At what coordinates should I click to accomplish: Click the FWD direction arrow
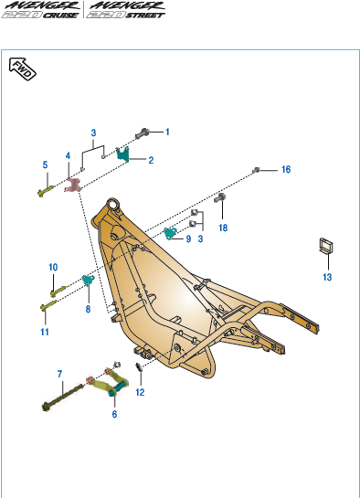[x=22, y=69]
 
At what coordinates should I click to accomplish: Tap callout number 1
[x=167, y=132]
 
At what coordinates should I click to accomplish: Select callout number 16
[x=286, y=170]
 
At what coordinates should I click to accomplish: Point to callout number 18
[x=223, y=228]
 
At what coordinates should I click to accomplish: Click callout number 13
[x=327, y=277]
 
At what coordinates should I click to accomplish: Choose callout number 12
[x=140, y=392]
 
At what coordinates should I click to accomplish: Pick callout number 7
[x=59, y=374]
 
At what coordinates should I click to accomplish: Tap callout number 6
[x=114, y=414]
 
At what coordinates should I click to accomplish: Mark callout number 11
[x=45, y=332]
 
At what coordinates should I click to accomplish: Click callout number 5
[x=45, y=164]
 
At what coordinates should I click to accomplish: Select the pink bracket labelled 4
[x=73, y=185]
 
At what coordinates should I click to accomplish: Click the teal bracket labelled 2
[x=122, y=154]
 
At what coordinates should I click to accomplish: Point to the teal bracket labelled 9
[x=171, y=233]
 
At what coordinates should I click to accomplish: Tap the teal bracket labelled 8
[x=89, y=281]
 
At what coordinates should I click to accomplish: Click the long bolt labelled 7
[x=62, y=397]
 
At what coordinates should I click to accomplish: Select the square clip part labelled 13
[x=326, y=246]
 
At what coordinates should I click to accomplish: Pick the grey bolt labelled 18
[x=219, y=197]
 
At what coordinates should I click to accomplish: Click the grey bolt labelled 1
[x=143, y=133]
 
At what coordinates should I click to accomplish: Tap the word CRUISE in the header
[x=60, y=15]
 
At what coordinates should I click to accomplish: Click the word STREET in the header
[x=145, y=15]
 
